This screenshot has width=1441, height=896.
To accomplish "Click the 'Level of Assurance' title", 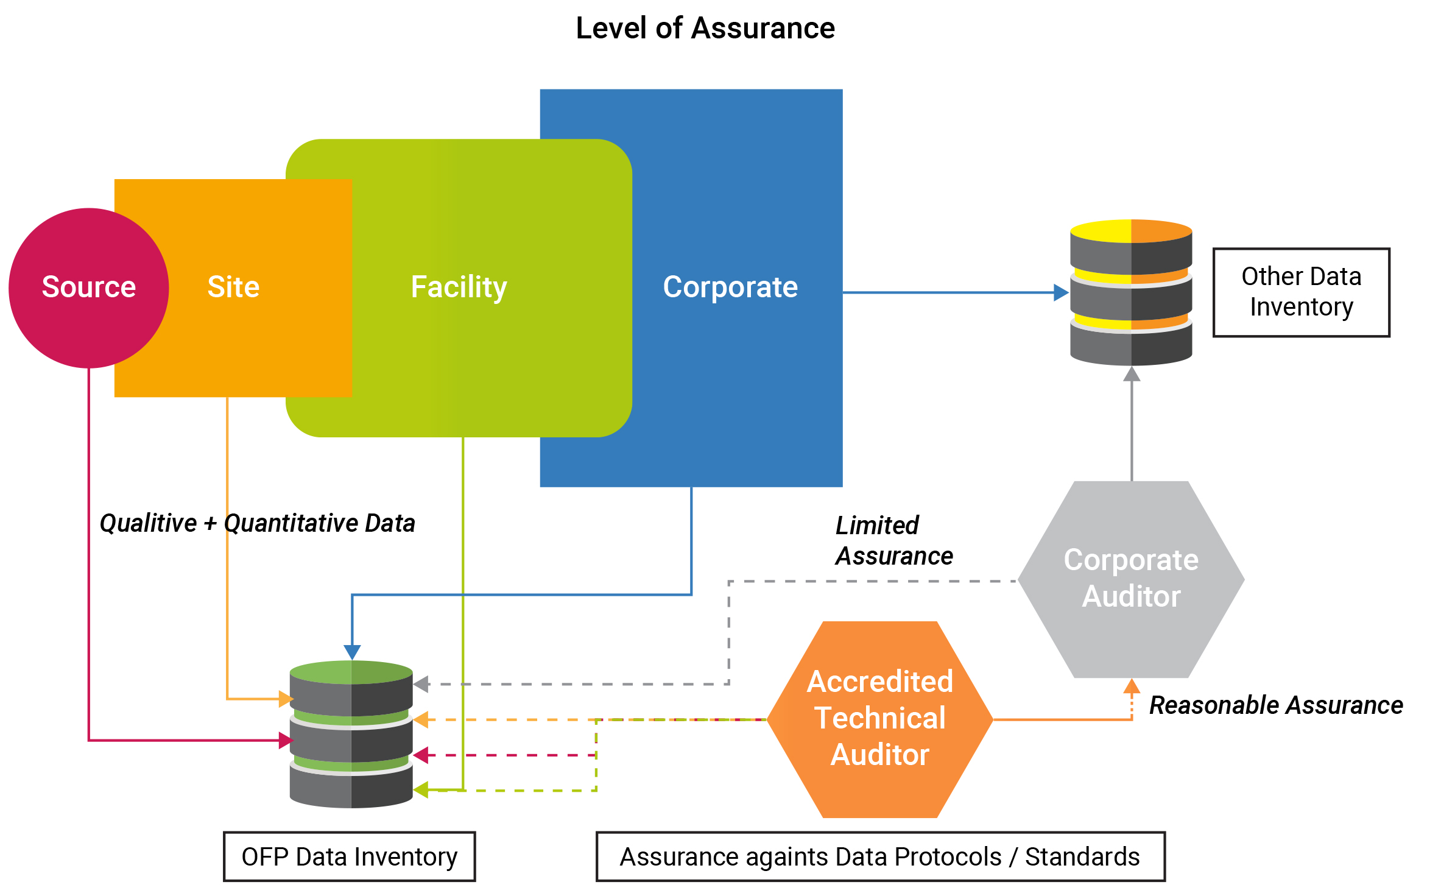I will (x=705, y=28).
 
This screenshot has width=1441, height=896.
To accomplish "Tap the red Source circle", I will (x=88, y=287).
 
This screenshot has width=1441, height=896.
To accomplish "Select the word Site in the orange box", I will (x=233, y=287).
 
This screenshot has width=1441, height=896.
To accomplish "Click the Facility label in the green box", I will (x=459, y=287).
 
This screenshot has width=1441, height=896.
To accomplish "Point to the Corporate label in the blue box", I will (x=730, y=287).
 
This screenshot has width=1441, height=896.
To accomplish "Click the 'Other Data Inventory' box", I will (x=1301, y=292).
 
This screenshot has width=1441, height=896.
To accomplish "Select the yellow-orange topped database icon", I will (x=1131, y=292).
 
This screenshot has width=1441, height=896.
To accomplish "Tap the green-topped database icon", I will (x=351, y=734).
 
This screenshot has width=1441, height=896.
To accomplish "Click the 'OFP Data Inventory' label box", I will (x=349, y=856).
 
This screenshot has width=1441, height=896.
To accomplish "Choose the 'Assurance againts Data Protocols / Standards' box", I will (x=880, y=856).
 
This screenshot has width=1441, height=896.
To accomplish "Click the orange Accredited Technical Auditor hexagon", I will (x=880, y=719).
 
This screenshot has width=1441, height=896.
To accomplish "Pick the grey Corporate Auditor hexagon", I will (x=1131, y=579).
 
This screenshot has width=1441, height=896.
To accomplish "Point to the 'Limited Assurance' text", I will (x=893, y=540).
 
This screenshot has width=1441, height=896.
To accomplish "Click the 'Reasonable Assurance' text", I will (x=1275, y=705).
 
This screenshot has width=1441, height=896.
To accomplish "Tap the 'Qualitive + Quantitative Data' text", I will (x=257, y=523).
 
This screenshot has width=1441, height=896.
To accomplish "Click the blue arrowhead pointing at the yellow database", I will (x=1062, y=293).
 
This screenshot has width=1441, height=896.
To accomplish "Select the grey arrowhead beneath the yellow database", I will (x=1132, y=374).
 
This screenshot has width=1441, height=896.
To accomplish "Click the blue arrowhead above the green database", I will (x=352, y=652).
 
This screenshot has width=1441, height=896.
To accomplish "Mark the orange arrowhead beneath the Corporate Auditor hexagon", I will (x=1132, y=686).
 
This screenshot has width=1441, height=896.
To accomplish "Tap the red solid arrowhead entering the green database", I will (x=286, y=741).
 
